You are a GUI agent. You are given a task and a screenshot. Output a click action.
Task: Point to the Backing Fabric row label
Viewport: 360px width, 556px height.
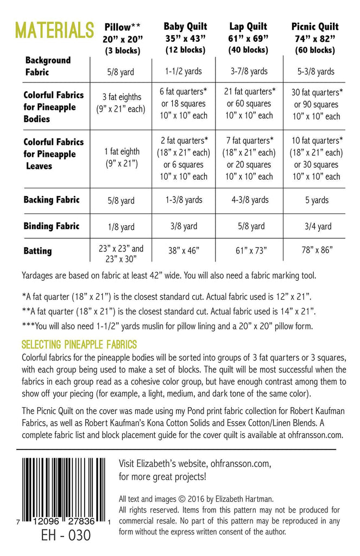(x=52, y=200)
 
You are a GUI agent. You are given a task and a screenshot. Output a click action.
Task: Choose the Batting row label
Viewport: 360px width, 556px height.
(x=38, y=251)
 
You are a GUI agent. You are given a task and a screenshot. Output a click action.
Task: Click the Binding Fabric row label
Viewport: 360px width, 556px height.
(x=52, y=226)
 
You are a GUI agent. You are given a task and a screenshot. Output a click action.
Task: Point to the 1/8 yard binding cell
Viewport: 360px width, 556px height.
(x=121, y=226)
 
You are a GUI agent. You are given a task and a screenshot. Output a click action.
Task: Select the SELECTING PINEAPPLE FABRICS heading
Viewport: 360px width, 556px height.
(x=79, y=345)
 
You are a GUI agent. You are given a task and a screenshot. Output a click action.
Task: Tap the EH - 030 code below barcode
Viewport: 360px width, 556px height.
(x=65, y=535)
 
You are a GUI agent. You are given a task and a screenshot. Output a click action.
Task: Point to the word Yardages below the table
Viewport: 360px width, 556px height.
(x=37, y=275)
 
